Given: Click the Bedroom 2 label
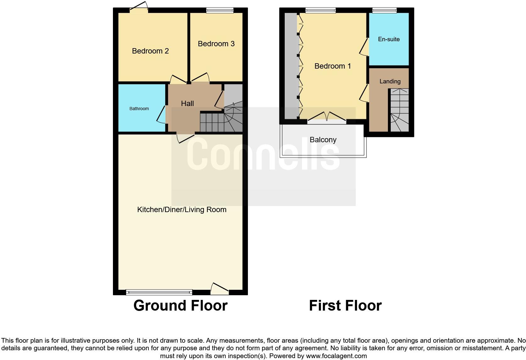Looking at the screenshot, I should coord(150,51).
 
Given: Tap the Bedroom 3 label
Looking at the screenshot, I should coord(216,44).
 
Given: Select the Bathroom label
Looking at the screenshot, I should coord(139,109).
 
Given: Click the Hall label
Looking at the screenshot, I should coord(187,104).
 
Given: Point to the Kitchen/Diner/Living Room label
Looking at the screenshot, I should coord(182,210).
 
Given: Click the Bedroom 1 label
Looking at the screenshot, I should coord(333,66).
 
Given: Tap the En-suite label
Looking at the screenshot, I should coord(389,39).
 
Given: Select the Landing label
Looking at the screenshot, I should coord(390,82).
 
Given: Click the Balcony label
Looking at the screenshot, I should coord(323,140).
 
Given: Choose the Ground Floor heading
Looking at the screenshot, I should coord(180,306).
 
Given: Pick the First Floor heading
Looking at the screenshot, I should coord(345,306).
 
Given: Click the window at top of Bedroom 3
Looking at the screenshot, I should coord(220,10).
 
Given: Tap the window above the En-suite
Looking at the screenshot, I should coord(384,10).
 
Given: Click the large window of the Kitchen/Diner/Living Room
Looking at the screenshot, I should coord(159,292).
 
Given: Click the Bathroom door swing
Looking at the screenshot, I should coord(161,114).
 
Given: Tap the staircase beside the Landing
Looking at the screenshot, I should coord(400,110).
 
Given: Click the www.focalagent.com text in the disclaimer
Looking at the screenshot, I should coord(336,356).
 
